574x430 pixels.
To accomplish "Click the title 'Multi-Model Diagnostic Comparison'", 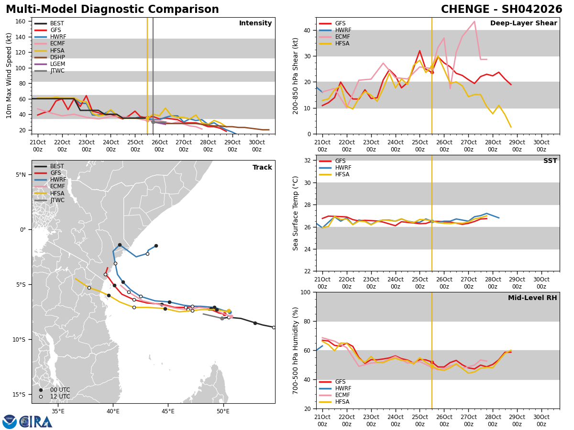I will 112,10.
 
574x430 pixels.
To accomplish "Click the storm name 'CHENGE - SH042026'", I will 501,10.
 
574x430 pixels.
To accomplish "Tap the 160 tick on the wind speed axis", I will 22,21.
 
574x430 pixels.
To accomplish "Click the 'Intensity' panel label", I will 255,23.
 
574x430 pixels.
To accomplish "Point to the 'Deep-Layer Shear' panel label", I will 523,23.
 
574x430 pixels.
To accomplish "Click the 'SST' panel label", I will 550,161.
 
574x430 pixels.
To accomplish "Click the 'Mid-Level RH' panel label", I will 532,298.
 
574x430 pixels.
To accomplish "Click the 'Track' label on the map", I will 262,168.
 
